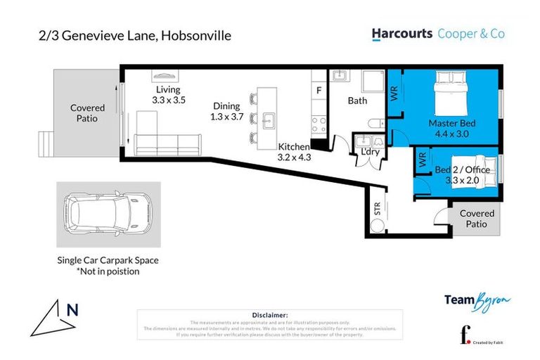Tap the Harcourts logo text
pyautogui.click(x=401, y=33)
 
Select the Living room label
pyautogui.click(x=168, y=89)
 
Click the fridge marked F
pyautogui.click(x=319, y=91)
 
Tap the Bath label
pyautogui.click(x=357, y=101)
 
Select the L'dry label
pyautogui.click(x=369, y=152)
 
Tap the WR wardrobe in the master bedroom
pyautogui.click(x=394, y=93)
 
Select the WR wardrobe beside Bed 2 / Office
pyautogui.click(x=423, y=160)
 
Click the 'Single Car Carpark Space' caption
pyautogui.click(x=108, y=260)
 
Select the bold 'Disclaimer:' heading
pyautogui.click(x=269, y=315)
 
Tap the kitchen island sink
pyautogui.click(x=267, y=118)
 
